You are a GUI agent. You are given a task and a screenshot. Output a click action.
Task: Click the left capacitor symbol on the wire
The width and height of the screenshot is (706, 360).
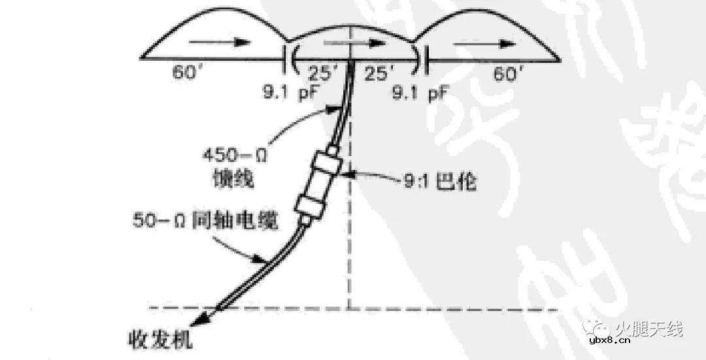coord(288,60)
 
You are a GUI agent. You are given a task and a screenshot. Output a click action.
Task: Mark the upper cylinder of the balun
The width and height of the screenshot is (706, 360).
coord(329,165)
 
